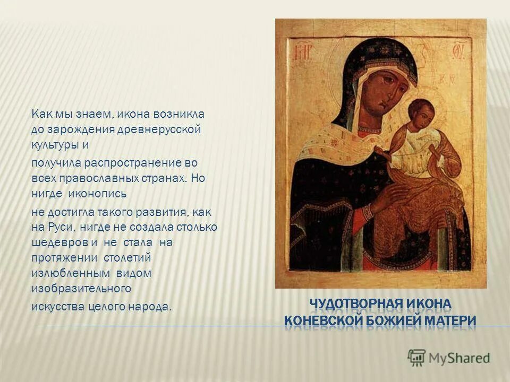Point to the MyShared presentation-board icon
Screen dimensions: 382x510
(x=417, y=357)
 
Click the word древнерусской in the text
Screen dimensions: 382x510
(x=159, y=129)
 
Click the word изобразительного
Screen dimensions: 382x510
(x=81, y=288)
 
